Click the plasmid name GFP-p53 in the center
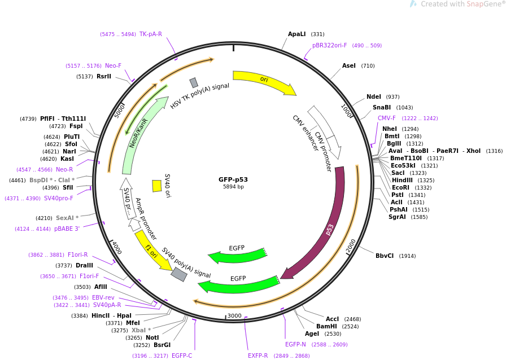[x=233, y=179]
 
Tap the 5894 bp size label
[x=233, y=187]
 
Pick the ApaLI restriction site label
[x=296, y=34]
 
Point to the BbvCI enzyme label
[x=385, y=256]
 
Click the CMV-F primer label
[x=387, y=118]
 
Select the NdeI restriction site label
[x=374, y=96]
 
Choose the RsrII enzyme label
[x=104, y=76]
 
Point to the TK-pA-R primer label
[x=151, y=34]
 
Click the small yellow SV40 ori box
[x=157, y=186]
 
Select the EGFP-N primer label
[x=295, y=344]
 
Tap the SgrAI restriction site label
[x=398, y=217]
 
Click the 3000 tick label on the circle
[x=234, y=316]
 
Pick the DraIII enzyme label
[x=84, y=265]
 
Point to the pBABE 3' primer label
[x=67, y=229]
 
